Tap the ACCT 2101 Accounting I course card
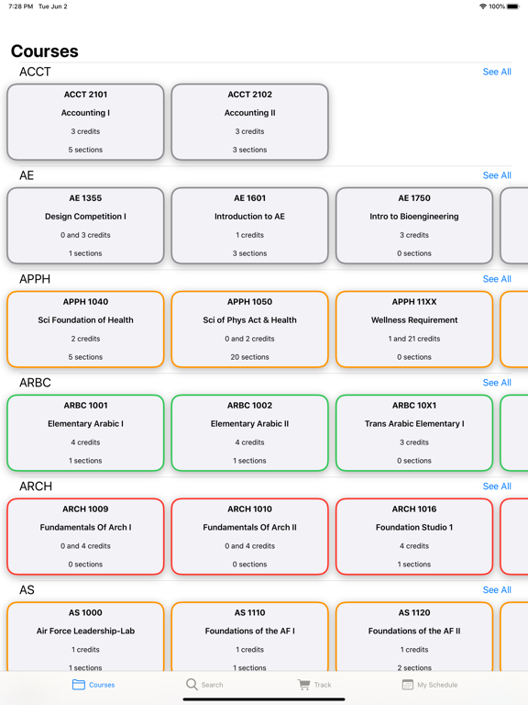click(x=85, y=122)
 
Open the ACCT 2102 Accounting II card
click(x=249, y=122)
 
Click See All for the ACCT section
click(x=497, y=72)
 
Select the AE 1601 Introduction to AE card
click(x=249, y=225)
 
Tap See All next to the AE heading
click(x=497, y=175)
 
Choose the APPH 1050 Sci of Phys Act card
click(x=249, y=330)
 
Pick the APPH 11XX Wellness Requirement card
click(x=414, y=330)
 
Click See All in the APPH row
click(x=497, y=279)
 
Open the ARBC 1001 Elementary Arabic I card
click(x=85, y=433)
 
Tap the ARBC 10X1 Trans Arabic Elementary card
click(x=414, y=433)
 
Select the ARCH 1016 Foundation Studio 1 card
click(x=414, y=536)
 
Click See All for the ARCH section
click(x=497, y=487)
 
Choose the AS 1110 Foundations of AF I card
click(x=249, y=637)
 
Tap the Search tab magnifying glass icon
click(x=192, y=684)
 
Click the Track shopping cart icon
click(x=304, y=684)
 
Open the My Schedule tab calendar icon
click(x=407, y=684)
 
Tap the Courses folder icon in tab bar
click(x=79, y=684)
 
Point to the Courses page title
click(x=44, y=51)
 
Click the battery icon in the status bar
click(x=513, y=6)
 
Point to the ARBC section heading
click(x=35, y=383)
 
